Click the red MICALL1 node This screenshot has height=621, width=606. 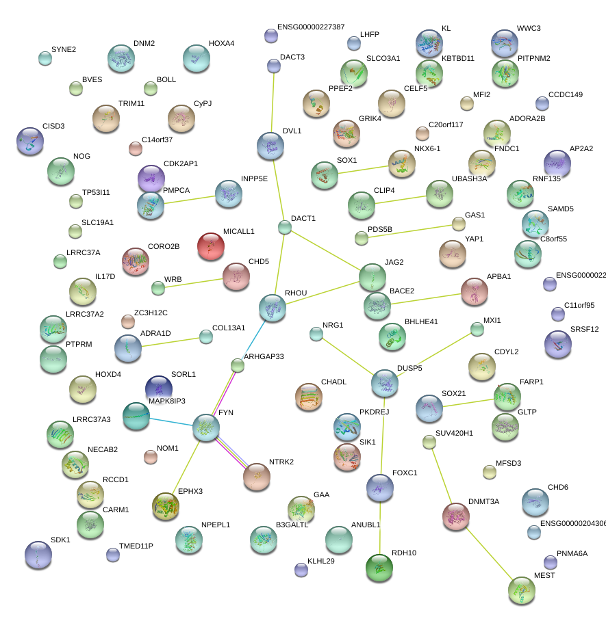[x=211, y=246]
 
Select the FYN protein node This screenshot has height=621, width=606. [x=205, y=427]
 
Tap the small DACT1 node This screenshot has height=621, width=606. [x=285, y=227]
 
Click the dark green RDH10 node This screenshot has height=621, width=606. [x=379, y=566]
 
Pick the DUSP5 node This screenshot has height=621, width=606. [x=384, y=383]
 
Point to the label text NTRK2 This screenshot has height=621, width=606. [x=281, y=462]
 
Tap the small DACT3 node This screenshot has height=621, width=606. [x=274, y=66]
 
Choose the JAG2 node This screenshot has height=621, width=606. [x=372, y=276]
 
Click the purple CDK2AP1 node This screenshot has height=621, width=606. [x=151, y=178]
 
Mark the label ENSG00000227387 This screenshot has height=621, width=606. [x=311, y=27]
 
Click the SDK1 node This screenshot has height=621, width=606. [x=38, y=554]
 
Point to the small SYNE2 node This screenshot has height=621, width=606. [x=45, y=58]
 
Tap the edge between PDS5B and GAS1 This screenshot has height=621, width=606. [x=409, y=231]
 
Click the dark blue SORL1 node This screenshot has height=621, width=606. [x=159, y=387]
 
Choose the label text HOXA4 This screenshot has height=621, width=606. [x=221, y=44]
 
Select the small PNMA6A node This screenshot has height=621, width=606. [x=551, y=561]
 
